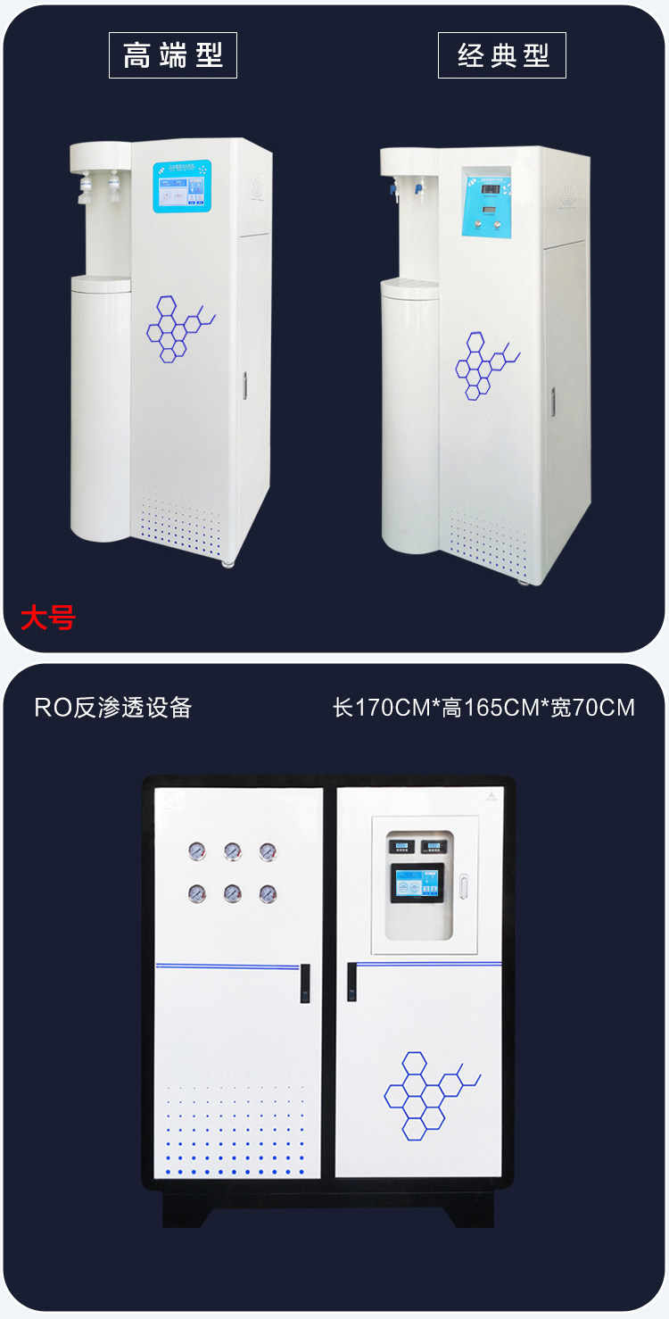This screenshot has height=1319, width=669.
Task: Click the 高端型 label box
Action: (x=173, y=55)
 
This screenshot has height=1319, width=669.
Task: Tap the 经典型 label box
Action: (x=502, y=55)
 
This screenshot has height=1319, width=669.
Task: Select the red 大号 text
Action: (x=48, y=618)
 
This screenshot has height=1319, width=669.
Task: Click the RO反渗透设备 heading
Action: (x=113, y=708)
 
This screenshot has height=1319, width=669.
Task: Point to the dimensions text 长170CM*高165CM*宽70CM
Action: (x=483, y=708)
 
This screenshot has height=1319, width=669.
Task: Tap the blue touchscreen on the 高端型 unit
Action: (x=182, y=187)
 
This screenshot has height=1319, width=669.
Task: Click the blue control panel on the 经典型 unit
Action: (x=485, y=201)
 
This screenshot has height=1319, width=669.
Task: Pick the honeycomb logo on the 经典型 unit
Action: (x=484, y=365)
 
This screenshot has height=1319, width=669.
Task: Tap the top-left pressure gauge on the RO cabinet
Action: (x=196, y=851)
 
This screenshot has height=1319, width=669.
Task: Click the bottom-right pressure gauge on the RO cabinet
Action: (x=268, y=892)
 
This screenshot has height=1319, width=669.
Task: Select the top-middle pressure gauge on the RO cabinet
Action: (x=232, y=851)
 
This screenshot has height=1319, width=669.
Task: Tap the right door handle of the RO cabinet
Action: (x=352, y=981)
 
